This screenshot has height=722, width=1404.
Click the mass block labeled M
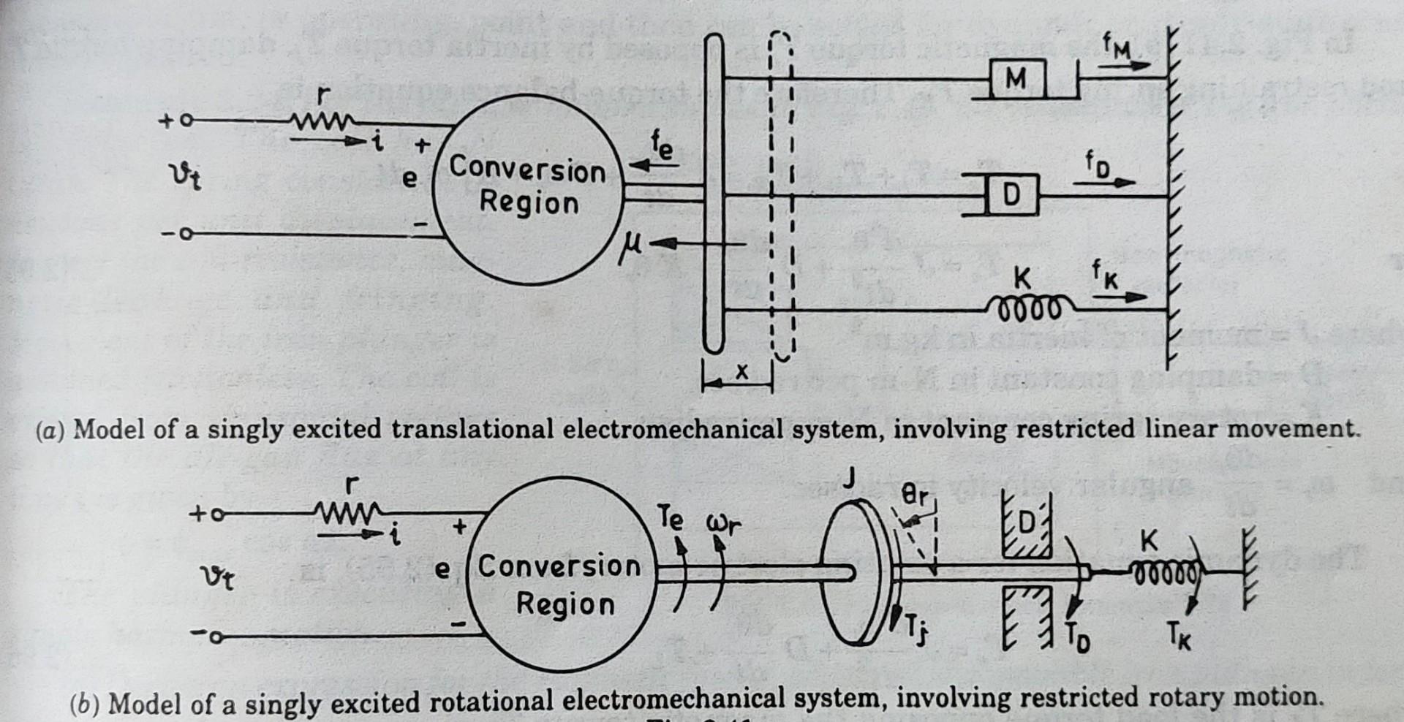[x=1016, y=78]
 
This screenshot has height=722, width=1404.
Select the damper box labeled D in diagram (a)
[x=1012, y=195]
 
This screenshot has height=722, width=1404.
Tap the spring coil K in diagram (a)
[x=1031, y=308]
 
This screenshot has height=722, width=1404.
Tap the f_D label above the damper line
[x=1097, y=165]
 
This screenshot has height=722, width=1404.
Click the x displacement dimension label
[x=741, y=372]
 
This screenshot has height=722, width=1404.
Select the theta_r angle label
[x=914, y=497]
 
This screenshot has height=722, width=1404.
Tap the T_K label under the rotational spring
[x=1178, y=637]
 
